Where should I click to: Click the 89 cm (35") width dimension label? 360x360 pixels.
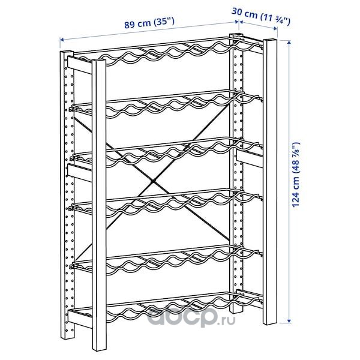[x=149, y=23]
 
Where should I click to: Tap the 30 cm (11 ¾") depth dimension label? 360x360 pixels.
[x=261, y=16]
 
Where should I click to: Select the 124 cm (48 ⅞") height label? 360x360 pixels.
[x=296, y=175]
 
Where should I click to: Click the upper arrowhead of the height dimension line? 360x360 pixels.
[x=289, y=42]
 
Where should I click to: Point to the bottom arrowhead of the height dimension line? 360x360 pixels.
[x=289, y=321]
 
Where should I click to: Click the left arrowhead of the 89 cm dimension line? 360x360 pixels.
[x=62, y=40]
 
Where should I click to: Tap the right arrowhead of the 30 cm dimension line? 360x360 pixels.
[x=275, y=28]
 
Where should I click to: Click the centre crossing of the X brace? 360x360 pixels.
[x=153, y=182]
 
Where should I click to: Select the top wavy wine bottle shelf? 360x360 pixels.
[x=169, y=51]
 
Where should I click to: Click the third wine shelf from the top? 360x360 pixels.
[x=167, y=152]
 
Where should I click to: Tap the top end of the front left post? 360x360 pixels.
[x=99, y=61]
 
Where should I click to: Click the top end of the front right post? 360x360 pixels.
[x=270, y=40]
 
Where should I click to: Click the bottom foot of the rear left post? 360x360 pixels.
[x=68, y=337]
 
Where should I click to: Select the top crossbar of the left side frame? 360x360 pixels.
[x=80, y=65]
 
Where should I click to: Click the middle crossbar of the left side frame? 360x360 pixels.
[x=80, y=173]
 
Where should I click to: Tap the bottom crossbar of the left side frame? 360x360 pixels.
[x=80, y=319]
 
